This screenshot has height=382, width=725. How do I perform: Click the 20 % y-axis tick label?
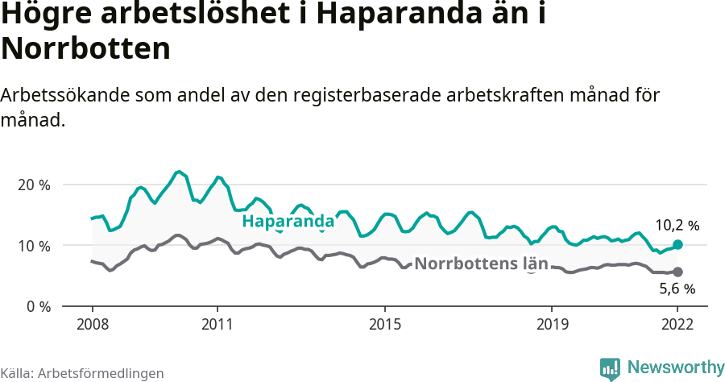click(x=34, y=185)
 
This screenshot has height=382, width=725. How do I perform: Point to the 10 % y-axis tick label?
click(x=34, y=246)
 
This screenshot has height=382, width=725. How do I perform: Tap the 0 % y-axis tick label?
click(x=37, y=307)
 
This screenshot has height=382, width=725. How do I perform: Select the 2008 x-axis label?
click(x=92, y=324)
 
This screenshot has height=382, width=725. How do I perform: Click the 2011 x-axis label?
click(x=217, y=324)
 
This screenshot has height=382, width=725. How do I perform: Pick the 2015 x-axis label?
click(x=385, y=324)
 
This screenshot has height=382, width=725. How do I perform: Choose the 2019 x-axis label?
click(x=552, y=324)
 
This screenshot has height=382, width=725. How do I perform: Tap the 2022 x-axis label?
click(x=677, y=324)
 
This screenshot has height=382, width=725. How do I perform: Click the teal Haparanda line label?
click(x=288, y=222)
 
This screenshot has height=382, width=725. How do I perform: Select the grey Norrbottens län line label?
click(x=481, y=264)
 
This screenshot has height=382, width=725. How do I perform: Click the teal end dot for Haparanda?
click(x=677, y=244)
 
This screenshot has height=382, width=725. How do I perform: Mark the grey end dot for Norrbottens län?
click(x=677, y=272)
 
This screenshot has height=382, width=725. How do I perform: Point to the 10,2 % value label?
click(x=677, y=226)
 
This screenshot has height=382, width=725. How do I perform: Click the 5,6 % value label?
click(x=677, y=289)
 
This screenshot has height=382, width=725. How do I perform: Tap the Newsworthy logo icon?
click(x=610, y=368)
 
